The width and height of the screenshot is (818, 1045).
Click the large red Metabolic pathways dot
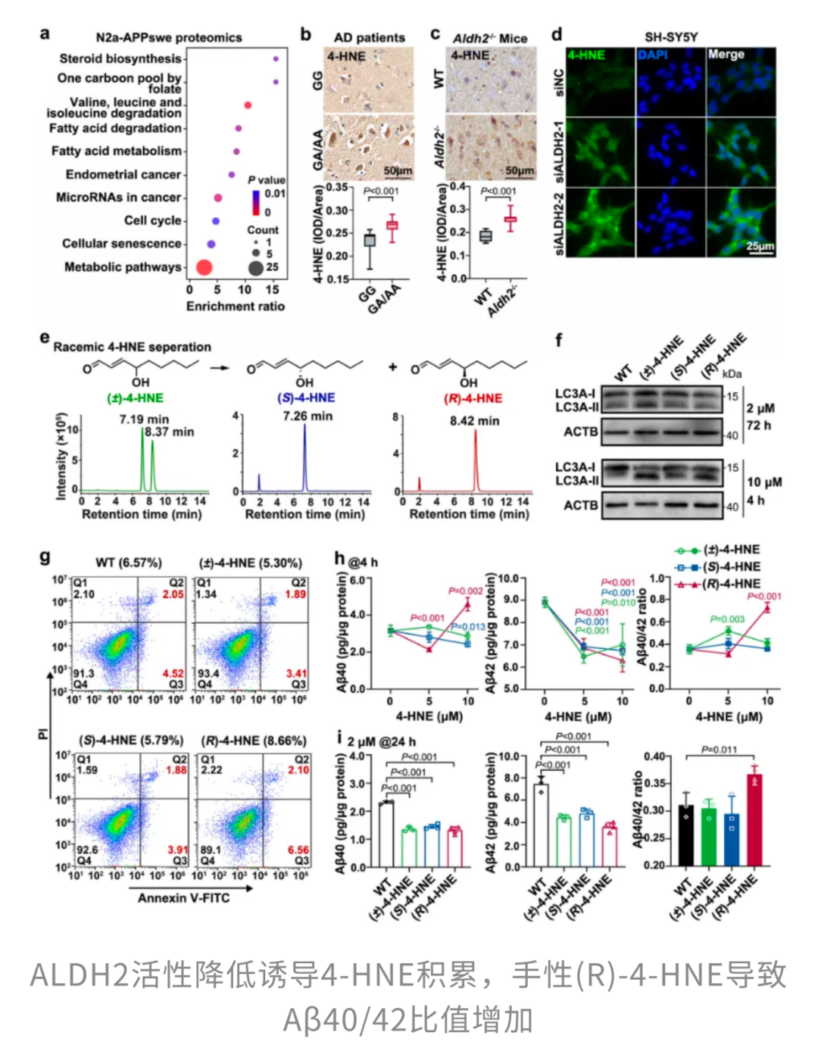pos(204,267)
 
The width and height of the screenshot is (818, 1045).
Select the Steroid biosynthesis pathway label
pos(120,58)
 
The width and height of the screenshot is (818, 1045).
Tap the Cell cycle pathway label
pos(153,220)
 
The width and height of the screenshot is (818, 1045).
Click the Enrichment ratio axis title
pos(236,306)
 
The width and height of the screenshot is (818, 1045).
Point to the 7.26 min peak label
pos(308,416)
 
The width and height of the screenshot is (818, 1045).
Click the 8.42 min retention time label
pos(474,421)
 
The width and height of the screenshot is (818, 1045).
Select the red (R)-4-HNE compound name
pos(473,398)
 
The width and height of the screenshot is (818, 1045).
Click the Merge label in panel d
pos(726,55)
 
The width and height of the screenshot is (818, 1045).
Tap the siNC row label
pos(559,82)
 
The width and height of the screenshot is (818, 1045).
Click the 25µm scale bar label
pos(760,246)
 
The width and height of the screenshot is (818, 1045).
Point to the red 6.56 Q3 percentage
pos(298,850)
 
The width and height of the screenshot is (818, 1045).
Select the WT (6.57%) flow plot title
pos(128,563)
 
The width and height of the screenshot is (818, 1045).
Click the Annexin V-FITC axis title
pos(183,898)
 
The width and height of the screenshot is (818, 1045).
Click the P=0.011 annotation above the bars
pos(719,750)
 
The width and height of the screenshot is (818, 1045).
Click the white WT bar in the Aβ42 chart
pos(541,825)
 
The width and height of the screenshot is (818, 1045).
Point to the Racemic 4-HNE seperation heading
pos(132,347)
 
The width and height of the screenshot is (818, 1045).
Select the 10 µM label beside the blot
pos(764,482)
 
